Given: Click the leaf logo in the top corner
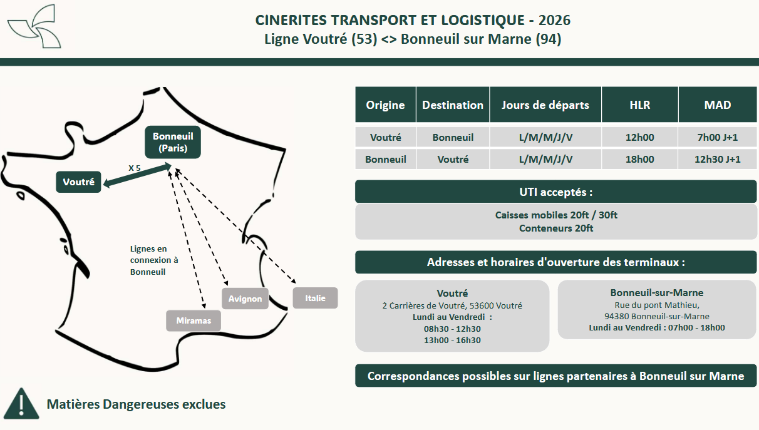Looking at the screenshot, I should point(34,26).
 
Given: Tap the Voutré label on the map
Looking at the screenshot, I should point(78,182).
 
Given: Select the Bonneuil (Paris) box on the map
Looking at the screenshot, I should point(173,142).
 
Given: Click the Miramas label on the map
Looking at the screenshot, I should point(194,321).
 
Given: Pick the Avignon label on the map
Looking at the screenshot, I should point(245,299).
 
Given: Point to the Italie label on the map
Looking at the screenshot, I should point(315,298).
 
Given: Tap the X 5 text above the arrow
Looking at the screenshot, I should point(135,168).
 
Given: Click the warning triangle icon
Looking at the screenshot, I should point(21,404).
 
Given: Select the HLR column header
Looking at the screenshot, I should point(639,105).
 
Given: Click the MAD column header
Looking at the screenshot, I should point(717,105).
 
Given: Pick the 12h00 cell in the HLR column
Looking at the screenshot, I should point(639,137).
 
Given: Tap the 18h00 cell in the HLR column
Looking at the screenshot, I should point(639,159).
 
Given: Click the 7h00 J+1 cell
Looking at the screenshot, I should point(717,137).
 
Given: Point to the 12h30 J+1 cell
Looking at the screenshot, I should point(717,159).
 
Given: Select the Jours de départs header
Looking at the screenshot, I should point(545,105).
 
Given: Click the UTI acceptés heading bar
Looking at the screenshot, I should point(555,192).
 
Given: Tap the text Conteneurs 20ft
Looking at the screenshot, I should point(555,228).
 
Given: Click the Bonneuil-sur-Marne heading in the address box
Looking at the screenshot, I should point(656,292).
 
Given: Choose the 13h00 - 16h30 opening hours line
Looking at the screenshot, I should point(452,340).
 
